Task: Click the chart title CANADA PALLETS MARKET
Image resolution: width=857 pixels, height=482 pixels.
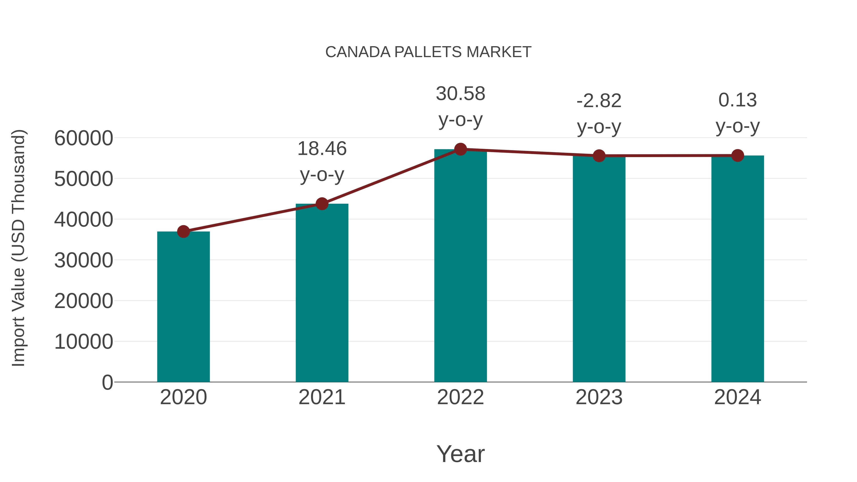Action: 428,52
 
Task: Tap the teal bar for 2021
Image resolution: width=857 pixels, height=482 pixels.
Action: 322,293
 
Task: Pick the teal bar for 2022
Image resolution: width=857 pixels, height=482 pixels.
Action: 460,266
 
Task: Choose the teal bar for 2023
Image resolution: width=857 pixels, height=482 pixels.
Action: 599,269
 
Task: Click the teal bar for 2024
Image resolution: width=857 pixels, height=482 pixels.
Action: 737,269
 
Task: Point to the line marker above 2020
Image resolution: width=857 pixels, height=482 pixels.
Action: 183,232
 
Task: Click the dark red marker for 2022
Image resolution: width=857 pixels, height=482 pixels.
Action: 460,149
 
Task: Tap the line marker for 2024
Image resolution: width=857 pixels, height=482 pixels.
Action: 737,155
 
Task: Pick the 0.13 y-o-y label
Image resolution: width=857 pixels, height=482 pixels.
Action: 737,113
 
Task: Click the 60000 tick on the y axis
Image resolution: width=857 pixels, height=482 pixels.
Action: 84,138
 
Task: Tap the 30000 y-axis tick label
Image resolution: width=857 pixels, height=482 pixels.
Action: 84,260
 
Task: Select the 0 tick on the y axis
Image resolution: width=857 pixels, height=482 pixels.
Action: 107,382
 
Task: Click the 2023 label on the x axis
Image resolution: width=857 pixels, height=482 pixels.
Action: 599,397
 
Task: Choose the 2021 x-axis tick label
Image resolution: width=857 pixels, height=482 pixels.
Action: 322,397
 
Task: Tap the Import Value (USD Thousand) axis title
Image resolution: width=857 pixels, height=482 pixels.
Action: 18,248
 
